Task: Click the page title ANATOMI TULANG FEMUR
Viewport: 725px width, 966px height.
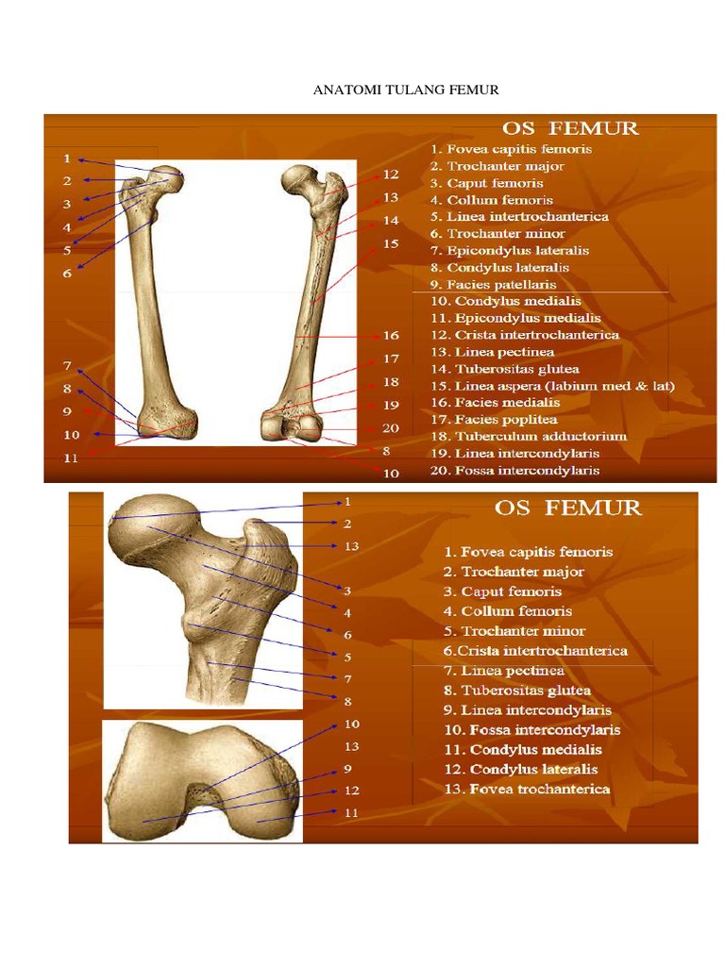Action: [x=405, y=91]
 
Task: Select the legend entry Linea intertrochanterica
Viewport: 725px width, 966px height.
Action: [x=519, y=217]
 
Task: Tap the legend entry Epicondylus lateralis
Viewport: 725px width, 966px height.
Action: [x=510, y=251]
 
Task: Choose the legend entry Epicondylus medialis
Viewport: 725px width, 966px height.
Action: [x=515, y=318]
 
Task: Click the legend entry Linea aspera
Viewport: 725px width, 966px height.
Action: [x=552, y=386]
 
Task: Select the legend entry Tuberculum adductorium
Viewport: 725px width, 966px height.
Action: [x=529, y=437]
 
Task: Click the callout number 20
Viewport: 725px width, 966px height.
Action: [x=391, y=427]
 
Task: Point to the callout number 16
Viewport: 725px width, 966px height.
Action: [x=391, y=335]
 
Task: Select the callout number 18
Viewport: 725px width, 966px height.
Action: [x=391, y=382]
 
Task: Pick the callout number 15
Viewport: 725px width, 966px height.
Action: [x=391, y=243]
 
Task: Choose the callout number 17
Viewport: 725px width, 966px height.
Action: [x=391, y=358]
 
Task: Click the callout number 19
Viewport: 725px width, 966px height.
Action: [x=391, y=405]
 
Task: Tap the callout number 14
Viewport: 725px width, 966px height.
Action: [x=391, y=221]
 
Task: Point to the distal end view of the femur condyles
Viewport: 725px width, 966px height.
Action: [x=201, y=781]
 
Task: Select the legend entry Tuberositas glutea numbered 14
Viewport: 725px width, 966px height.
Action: [x=505, y=369]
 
